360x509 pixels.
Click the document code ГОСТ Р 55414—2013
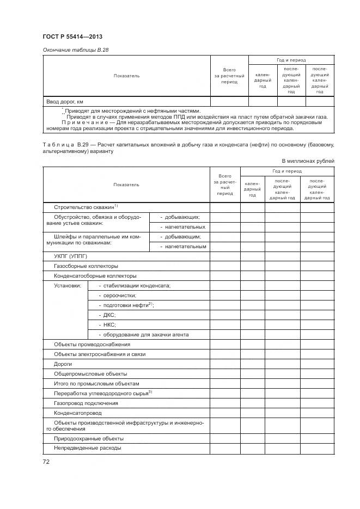coord(72,36)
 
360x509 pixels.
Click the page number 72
coord(46,462)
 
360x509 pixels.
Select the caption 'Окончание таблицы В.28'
coord(76,50)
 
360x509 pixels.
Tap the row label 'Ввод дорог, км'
coord(64,101)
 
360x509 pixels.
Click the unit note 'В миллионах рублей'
coord(308,161)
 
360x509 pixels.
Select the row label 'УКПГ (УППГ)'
coord(70,256)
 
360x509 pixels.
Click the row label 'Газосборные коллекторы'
coord(86,266)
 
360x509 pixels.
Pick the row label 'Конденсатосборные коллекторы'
coord(95,276)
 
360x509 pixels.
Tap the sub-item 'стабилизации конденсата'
coord(135,286)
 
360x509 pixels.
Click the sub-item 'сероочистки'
coord(117,296)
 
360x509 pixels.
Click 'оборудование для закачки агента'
coord(144,335)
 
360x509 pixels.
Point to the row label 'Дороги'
coord(63,364)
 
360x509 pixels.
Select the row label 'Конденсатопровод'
coord(78,413)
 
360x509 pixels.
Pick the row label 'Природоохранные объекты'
coord(89,438)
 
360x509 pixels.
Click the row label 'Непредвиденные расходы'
coord(87,448)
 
